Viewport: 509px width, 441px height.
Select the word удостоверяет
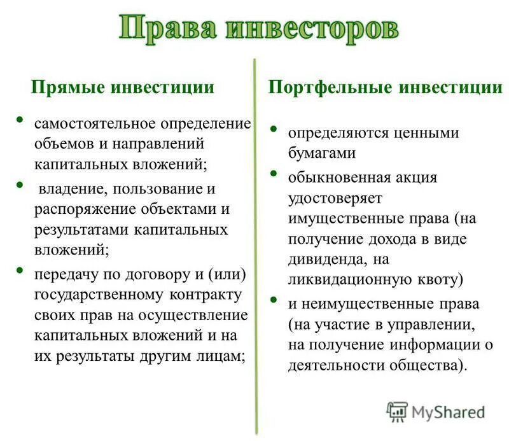point(335,197)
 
